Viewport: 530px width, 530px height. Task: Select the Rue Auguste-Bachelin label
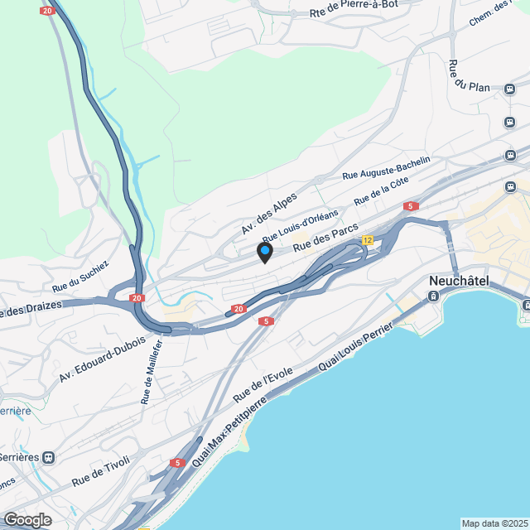click(x=387, y=168)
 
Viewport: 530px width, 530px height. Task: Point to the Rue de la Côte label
click(x=382, y=194)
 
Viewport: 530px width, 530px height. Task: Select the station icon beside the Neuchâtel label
click(x=433, y=296)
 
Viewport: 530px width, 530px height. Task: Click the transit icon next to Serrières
click(x=49, y=456)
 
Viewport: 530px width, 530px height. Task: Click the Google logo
click(x=26, y=519)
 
